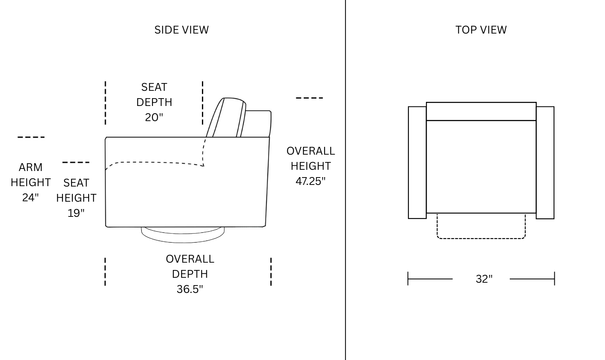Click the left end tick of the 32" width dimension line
pyautogui.click(x=408, y=279)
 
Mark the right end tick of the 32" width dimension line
pyautogui.click(x=554, y=279)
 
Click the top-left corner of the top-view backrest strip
pyautogui.click(x=426, y=102)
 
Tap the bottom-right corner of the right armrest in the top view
pyautogui.click(x=554, y=218)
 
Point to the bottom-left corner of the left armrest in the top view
pyautogui.click(x=408, y=218)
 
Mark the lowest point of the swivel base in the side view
pyautogui.click(x=183, y=243)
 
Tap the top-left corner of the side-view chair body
pyautogui.click(x=106, y=137)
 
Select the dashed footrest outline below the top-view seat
pyautogui.click(x=481, y=226)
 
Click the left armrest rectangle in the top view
pyautogui.click(x=417, y=162)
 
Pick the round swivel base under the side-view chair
pyautogui.click(x=183, y=235)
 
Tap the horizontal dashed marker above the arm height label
pyautogui.click(x=31, y=137)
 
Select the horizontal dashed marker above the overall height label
pyautogui.click(x=309, y=98)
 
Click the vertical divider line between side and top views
pyautogui.click(x=345, y=180)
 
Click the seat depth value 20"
pyautogui.click(x=154, y=117)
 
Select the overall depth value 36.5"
pyautogui.click(x=190, y=289)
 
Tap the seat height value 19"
pyautogui.click(x=76, y=213)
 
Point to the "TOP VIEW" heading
pyautogui.click(x=481, y=30)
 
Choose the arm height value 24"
pyautogui.click(x=31, y=198)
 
